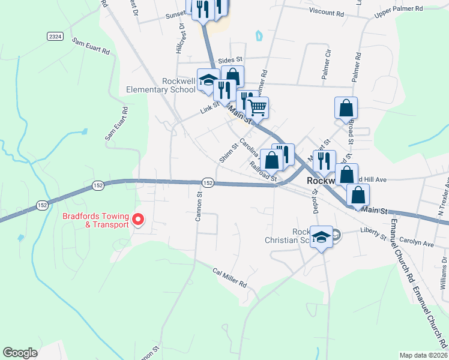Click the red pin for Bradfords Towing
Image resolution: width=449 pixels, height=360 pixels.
[x=138, y=220]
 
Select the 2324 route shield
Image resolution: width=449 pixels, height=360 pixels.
[x=55, y=37]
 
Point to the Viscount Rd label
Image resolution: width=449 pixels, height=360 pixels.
[x=327, y=13]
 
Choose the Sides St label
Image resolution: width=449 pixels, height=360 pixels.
[x=229, y=60]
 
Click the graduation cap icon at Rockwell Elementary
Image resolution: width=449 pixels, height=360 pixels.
[x=208, y=80]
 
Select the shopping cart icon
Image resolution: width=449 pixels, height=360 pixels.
[x=257, y=107]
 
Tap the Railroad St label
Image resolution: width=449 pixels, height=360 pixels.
[x=264, y=170]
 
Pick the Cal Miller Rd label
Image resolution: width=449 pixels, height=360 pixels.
[x=230, y=277]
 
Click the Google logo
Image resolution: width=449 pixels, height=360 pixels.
[x=20, y=353]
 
